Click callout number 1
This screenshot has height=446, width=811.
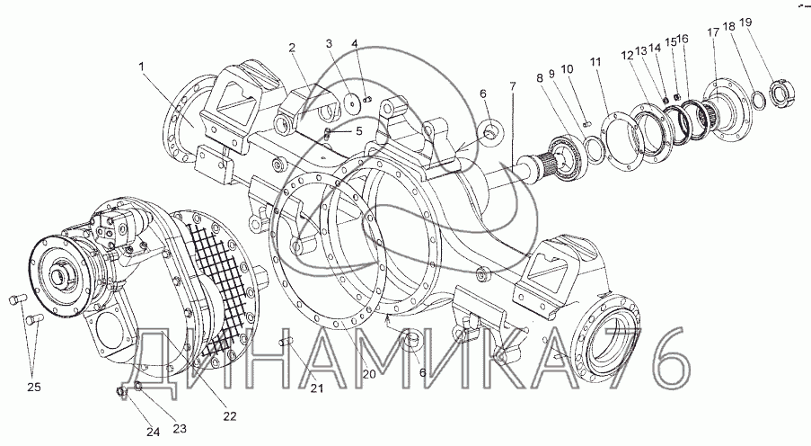click(x=141, y=66)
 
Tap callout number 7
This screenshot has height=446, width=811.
click(x=513, y=86)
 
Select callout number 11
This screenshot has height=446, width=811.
click(x=595, y=62)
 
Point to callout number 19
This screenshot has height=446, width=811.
click(x=745, y=22)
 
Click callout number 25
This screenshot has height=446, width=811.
click(x=33, y=387)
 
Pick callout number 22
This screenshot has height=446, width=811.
click(x=230, y=415)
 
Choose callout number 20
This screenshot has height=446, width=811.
click(x=369, y=374)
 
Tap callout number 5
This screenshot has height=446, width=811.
click(x=359, y=131)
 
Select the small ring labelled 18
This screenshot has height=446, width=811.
click(x=758, y=101)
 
